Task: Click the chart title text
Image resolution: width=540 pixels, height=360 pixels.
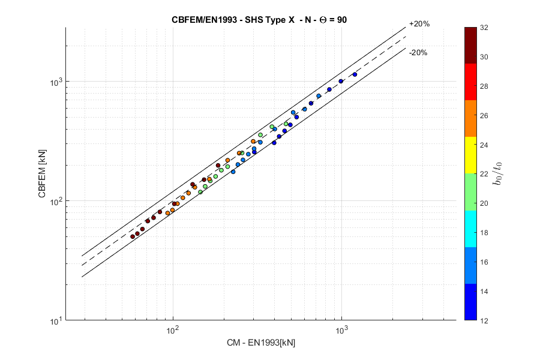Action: click(259, 19)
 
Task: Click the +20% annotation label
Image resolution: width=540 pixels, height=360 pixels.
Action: click(419, 24)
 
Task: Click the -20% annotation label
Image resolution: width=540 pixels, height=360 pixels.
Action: click(418, 53)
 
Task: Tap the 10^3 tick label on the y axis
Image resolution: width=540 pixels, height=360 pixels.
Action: click(55, 81)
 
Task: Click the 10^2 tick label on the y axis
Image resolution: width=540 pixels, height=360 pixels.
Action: click(55, 201)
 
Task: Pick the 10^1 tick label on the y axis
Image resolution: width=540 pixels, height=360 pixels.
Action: click(55, 321)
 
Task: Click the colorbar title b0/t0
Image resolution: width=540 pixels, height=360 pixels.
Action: click(497, 174)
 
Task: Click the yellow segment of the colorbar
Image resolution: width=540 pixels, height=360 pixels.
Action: click(471, 155)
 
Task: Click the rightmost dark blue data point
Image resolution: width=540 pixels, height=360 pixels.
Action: click(355, 74)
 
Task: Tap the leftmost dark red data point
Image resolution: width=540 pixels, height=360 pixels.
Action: click(133, 236)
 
